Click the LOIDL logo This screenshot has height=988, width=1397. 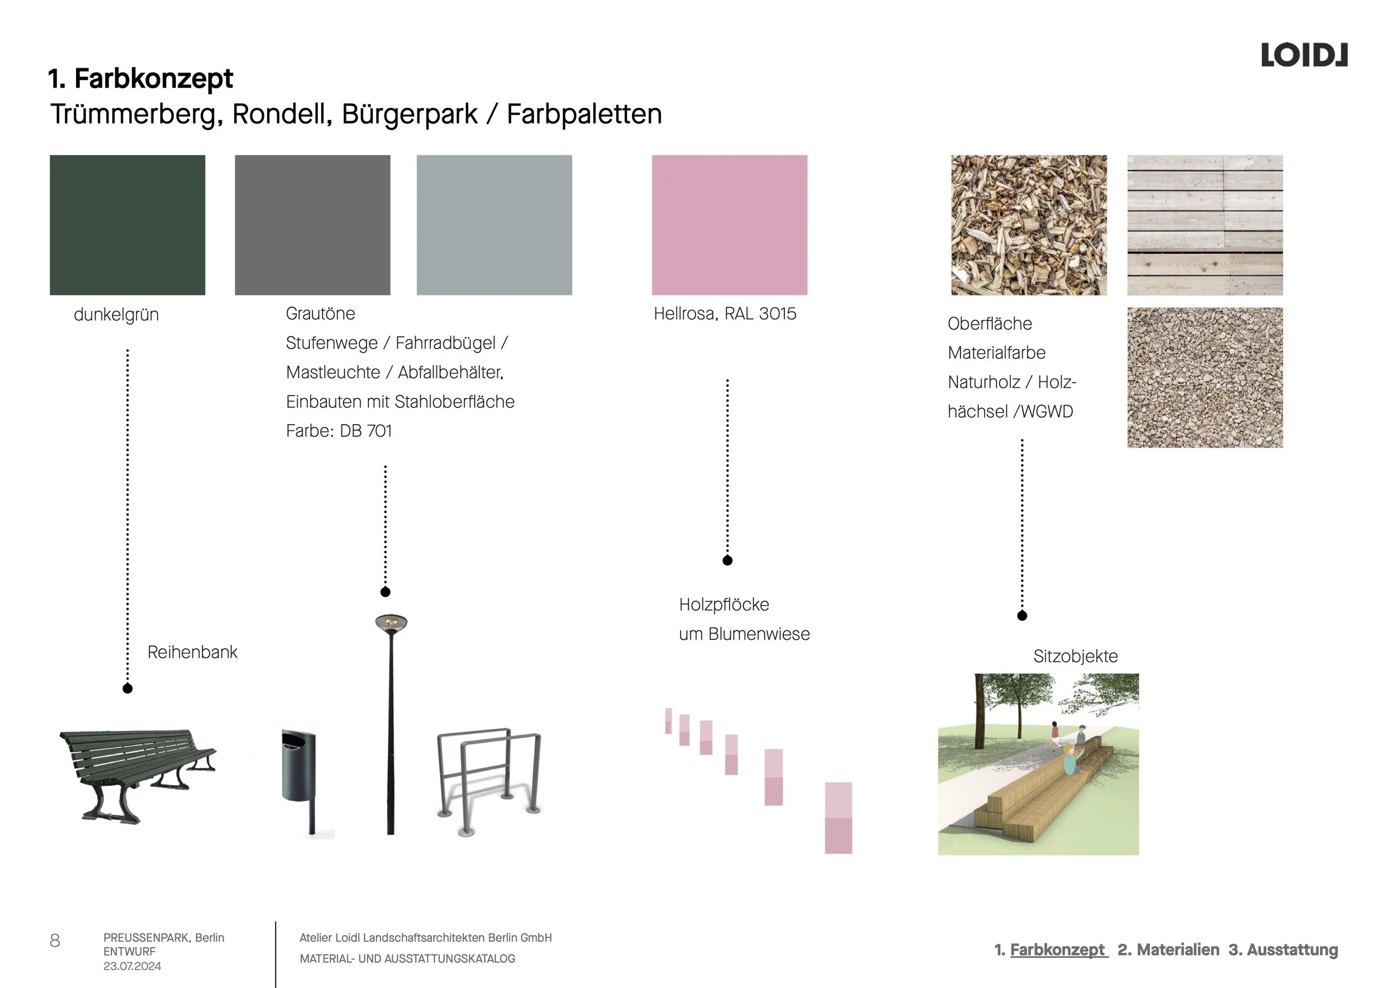point(1304,55)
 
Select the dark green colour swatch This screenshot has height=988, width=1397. point(127,225)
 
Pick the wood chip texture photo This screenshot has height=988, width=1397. point(1028,225)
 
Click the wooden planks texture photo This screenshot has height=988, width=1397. point(1204,225)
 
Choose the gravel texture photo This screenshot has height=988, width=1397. point(1204,377)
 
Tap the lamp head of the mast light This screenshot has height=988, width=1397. point(391,623)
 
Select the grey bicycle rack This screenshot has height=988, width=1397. point(489,778)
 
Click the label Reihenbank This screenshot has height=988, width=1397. point(192,652)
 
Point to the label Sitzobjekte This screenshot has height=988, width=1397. point(1075,656)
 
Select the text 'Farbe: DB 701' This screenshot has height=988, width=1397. point(339,431)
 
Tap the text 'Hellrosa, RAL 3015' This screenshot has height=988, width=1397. point(725,313)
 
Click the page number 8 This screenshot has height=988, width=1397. point(55,940)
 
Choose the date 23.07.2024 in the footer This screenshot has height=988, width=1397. point(132,966)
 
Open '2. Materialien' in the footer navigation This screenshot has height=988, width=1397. point(1168,949)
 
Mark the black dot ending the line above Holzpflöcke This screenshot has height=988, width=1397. point(727,560)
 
